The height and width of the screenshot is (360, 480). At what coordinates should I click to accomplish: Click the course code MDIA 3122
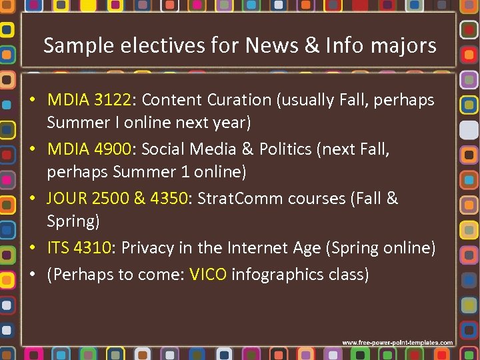coord(89,100)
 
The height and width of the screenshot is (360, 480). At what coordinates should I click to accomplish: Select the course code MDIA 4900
coord(89,149)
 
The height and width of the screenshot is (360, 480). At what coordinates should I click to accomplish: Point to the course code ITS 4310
coord(79,248)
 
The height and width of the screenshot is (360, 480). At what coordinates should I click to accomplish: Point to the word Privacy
coord(146,248)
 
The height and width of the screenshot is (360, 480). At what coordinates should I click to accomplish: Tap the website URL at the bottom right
coord(397,343)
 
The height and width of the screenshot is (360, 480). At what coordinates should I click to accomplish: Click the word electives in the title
coord(155,45)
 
